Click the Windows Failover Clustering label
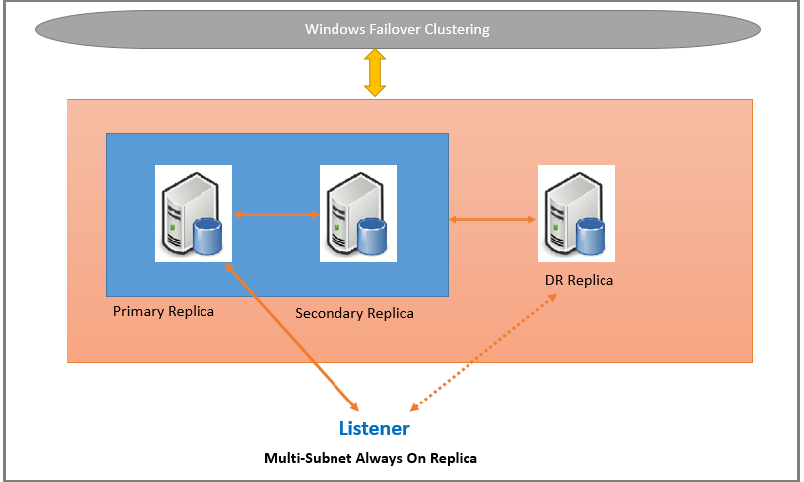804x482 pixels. (397, 29)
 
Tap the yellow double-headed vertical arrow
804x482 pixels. (375, 73)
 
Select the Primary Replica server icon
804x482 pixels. (194, 214)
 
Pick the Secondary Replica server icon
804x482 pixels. (358, 214)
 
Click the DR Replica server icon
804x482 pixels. (577, 214)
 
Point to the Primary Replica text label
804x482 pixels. (164, 311)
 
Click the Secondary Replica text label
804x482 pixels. (354, 313)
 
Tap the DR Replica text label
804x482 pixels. (579, 280)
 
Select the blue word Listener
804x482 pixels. (374, 429)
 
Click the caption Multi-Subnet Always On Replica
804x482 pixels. (370, 459)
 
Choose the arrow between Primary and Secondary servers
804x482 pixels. (276, 213)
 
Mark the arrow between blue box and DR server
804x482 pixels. (492, 219)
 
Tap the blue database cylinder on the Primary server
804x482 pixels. (207, 238)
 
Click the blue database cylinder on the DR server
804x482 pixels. (591, 238)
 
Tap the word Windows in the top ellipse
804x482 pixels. (333, 29)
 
